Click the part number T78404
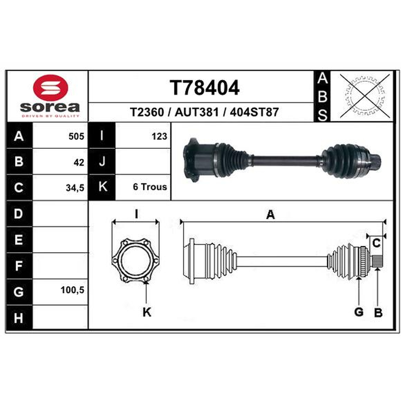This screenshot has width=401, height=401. (x=205, y=87)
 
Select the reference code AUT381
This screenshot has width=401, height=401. (x=196, y=112)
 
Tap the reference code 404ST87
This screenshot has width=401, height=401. (x=254, y=112)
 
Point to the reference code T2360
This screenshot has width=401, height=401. (x=147, y=112)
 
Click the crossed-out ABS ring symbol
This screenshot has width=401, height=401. (x=365, y=96)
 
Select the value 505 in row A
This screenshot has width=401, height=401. (x=76, y=136)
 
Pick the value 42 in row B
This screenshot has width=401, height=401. (x=79, y=162)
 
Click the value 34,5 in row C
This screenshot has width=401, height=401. (x=75, y=188)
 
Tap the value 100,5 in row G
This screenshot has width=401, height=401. (x=72, y=290)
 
